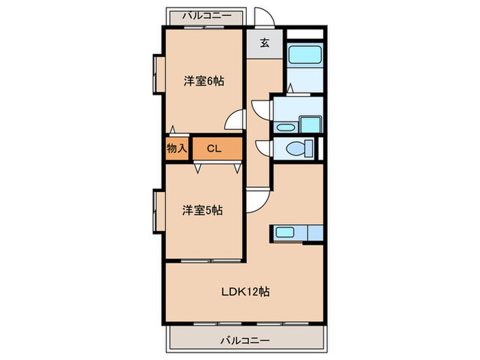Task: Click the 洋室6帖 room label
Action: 204,81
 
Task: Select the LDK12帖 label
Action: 244,291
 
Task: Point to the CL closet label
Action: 214,148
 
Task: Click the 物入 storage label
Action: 177,148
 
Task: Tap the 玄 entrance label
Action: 265,43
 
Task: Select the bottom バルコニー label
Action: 244,339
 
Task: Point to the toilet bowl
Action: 299,147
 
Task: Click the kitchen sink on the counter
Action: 284,232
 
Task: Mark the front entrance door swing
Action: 262,18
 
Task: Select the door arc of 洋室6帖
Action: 236,120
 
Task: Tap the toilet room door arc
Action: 263,148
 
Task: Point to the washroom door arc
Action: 263,110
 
